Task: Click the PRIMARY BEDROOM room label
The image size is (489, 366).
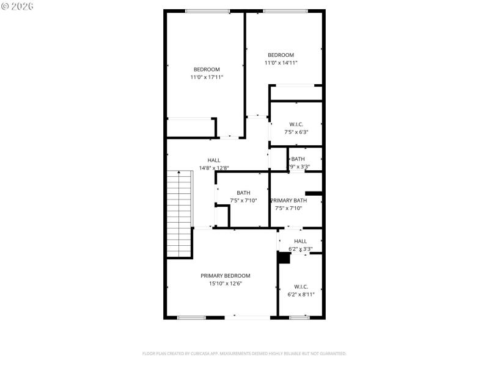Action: pos(225,276)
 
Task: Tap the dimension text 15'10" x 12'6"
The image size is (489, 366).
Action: pos(225,283)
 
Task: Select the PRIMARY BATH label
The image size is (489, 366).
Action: pos(289,201)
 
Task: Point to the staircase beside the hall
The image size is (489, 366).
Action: pos(180,213)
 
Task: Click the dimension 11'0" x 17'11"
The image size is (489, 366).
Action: pos(207,77)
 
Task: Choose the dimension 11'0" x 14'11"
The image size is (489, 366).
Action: pos(281,63)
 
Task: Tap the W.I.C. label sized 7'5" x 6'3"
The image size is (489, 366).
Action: pos(296,124)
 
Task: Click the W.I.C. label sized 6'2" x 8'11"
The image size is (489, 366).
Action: pos(301,287)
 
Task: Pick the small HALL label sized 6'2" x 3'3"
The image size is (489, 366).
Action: pos(300,242)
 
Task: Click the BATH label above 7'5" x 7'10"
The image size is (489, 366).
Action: pos(243,193)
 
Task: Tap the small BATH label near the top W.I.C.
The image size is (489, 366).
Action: pos(298,159)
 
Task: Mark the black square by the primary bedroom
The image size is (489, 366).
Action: pos(284,258)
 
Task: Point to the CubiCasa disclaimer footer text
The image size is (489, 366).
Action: pos(244,353)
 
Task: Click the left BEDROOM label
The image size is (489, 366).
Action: pos(207,70)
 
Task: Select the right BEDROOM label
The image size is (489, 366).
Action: pos(281,55)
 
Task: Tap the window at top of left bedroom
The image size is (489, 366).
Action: pos(207,11)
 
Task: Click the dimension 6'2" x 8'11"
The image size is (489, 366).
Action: pos(301,294)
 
